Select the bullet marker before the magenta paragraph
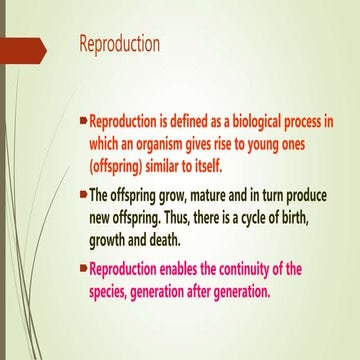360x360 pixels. click(x=83, y=268)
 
